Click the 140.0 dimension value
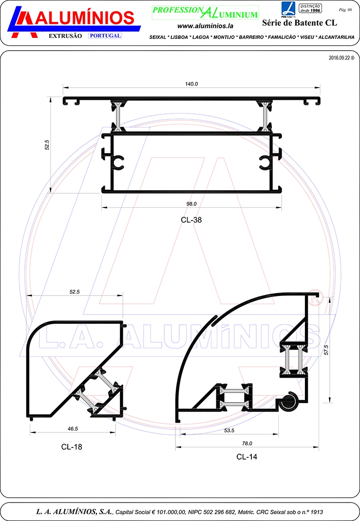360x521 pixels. point(191,84)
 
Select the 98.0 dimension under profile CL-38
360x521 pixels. point(191,204)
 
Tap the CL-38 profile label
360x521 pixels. point(191,220)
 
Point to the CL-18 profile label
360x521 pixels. point(72,447)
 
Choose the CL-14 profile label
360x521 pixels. point(246,457)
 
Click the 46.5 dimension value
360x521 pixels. point(73,429)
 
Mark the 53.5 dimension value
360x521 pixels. point(229,430)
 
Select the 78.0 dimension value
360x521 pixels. point(247,444)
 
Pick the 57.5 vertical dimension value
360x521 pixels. point(326,350)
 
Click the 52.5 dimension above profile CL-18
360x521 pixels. point(75,292)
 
